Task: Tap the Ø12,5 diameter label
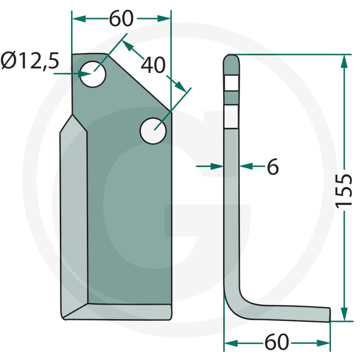click(30, 61)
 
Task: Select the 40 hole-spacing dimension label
click(153, 65)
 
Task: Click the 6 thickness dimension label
click(273, 166)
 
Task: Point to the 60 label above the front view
click(121, 18)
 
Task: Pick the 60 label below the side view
click(276, 342)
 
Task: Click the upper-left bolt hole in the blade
click(93, 74)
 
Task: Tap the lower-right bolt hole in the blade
click(153, 131)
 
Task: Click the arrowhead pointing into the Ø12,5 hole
click(85, 74)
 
